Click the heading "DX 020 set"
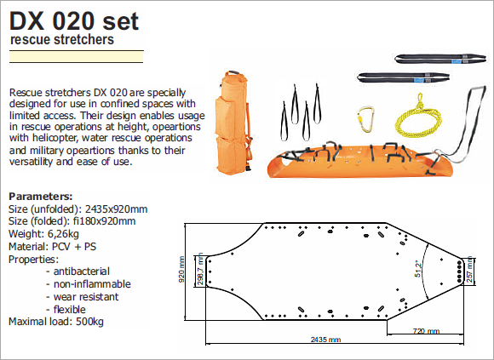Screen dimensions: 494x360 coord(74,21)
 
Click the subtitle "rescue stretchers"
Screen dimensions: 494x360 coord(61,40)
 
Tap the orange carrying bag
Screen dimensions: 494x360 coord(233,123)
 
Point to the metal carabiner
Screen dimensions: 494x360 coord(365,119)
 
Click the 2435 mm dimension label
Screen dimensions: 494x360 coord(325,340)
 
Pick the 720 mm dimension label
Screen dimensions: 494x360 coord(426,331)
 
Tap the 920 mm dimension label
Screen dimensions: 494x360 coord(181,270)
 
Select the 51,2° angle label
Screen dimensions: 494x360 coord(417,269)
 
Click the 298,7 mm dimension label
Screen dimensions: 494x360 coord(200,270)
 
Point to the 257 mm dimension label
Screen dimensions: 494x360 coord(469,270)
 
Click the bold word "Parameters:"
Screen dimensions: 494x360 coord(41,197)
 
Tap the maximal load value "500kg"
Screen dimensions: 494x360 coord(89,322)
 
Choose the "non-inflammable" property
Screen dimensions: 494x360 coord(92,284)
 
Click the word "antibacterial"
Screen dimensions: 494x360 coord(82,271)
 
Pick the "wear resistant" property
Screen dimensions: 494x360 coord(86,297)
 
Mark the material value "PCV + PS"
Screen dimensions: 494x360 coord(74,247)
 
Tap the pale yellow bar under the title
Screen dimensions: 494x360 coord(77,57)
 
